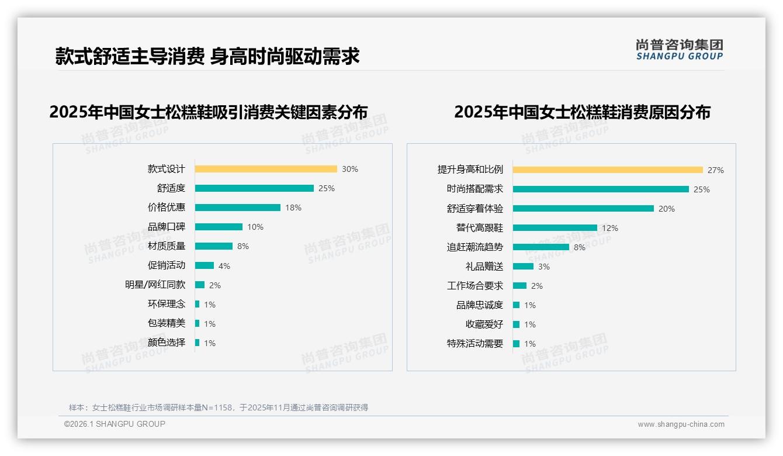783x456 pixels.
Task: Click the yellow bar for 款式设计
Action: (266, 169)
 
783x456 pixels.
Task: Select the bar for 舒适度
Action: (254, 188)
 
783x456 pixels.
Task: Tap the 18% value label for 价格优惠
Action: (293, 208)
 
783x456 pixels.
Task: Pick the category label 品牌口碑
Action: (167, 227)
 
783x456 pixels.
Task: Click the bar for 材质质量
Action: (214, 246)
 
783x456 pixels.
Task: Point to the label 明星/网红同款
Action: (155, 285)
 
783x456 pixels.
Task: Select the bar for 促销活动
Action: (205, 265)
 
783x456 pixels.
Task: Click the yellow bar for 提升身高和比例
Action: (608, 170)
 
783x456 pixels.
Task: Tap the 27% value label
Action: (716, 170)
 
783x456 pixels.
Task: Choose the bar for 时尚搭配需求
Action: (601, 189)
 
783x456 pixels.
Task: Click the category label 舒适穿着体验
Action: (475, 209)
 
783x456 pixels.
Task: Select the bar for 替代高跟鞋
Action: (555, 228)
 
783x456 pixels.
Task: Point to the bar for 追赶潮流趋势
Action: (541, 247)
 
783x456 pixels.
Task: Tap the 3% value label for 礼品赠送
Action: (544, 267)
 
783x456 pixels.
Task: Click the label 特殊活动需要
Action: (475, 344)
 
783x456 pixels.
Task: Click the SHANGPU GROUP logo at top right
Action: (680, 50)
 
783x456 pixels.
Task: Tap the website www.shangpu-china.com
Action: (681, 424)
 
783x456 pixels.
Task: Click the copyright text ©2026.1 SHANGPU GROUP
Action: (115, 424)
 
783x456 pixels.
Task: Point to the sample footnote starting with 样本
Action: (219, 407)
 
